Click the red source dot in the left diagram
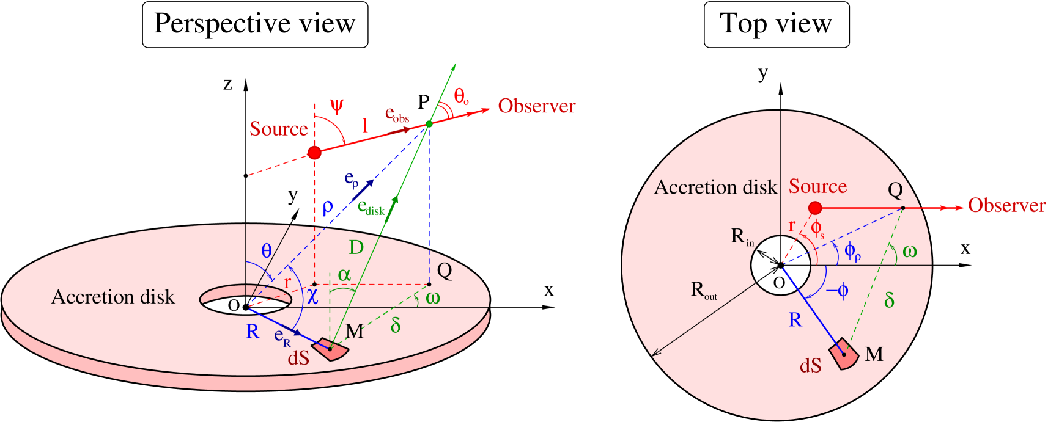tap(314, 153)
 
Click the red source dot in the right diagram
tap(815, 208)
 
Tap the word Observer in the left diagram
tap(536, 106)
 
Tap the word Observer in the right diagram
tap(1006, 206)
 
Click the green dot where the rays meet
tap(429, 124)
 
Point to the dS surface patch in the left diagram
tap(331, 350)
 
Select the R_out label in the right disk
tap(703, 290)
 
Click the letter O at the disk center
tap(779, 283)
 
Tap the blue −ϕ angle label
tap(837, 291)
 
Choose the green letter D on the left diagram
tap(356, 247)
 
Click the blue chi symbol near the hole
tap(312, 296)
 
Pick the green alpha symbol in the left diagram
tap(344, 275)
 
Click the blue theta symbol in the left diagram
tap(267, 251)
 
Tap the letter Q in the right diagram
tap(895, 191)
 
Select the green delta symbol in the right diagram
tap(889, 300)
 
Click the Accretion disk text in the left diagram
tap(113, 297)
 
